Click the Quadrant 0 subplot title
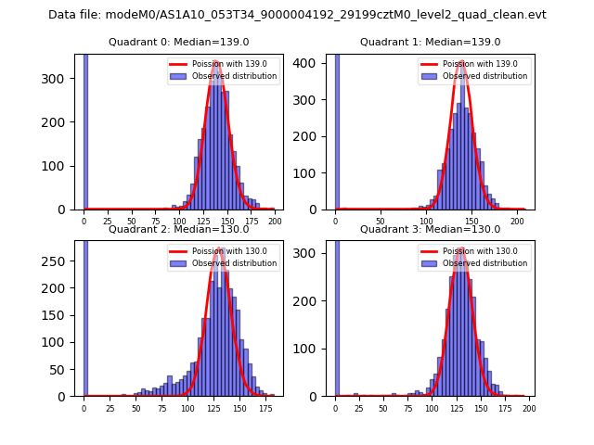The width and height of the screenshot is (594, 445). pos(178,42)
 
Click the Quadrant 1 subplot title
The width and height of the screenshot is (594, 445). pos(430,42)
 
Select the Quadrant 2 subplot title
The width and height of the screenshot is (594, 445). pos(178,229)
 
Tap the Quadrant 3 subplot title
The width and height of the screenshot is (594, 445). pos(430,229)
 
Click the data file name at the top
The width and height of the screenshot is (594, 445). pos(297,15)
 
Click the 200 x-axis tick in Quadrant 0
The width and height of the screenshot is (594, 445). pos(275,222)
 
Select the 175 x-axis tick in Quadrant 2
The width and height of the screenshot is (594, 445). pos(251,408)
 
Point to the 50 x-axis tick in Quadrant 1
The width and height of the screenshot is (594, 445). pos(381,222)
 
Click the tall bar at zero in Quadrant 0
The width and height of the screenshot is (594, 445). pos(85,130)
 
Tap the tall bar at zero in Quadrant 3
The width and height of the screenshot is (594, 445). pos(337,315)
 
